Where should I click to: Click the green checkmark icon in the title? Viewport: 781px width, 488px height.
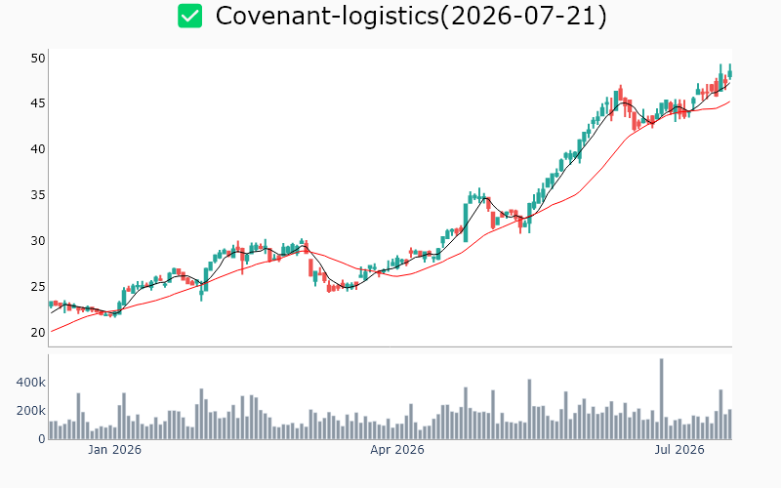(189, 16)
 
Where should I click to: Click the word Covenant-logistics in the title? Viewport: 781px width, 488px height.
(327, 16)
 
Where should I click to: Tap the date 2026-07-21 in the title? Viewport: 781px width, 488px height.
(523, 16)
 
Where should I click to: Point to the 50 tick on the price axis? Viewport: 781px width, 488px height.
(38, 59)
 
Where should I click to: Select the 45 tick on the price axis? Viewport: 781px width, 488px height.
(38, 103)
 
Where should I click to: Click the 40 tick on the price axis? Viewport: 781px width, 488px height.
(38, 149)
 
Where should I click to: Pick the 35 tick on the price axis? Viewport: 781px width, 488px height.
(38, 194)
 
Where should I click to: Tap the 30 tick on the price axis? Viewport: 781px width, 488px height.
(38, 240)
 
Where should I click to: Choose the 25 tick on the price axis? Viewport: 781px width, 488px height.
(38, 286)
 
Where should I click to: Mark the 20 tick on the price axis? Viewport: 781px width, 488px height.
(38, 332)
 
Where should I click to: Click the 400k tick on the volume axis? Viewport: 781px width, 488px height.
(31, 383)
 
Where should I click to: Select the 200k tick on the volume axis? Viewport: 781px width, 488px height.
(31, 411)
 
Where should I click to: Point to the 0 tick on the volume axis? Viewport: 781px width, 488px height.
(42, 439)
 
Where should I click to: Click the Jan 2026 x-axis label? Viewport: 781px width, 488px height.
(114, 450)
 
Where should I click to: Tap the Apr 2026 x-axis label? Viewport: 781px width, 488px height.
(397, 450)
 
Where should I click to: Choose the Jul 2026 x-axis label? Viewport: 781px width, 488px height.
(679, 450)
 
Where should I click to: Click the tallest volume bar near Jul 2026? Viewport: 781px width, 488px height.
(662, 399)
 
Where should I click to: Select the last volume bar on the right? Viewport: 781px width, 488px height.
(729, 425)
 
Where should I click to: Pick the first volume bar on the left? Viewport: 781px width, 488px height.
(51, 430)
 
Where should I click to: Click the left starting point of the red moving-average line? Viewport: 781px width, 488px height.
(52, 332)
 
